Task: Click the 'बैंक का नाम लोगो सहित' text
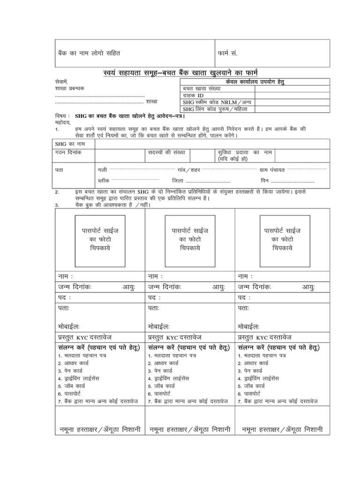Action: tap(91, 53)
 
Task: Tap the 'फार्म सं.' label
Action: tap(227, 53)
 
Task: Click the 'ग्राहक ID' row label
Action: tap(193, 95)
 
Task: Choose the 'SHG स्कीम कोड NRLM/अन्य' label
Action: tap(211, 102)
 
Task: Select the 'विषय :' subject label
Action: tap(62, 115)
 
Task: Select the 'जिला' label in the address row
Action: tap(178, 180)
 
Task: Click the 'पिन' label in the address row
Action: tap(265, 180)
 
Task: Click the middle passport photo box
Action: tap(190, 240)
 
